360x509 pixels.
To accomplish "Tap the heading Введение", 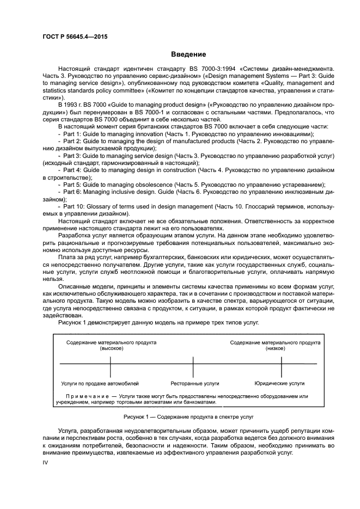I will tap(188, 54).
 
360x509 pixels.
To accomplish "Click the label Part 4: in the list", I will tap(72, 169).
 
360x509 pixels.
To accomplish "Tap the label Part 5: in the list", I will tap(72, 184).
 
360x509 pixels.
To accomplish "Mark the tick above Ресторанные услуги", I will tap(192, 364).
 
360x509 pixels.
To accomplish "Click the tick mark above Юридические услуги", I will tap(274, 364).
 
